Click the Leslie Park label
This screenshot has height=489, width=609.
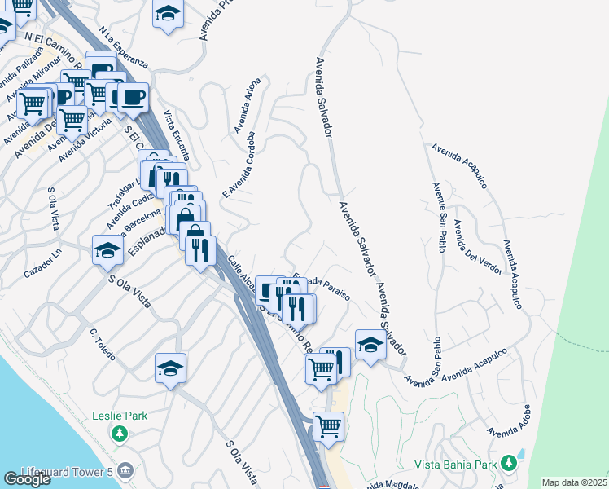click(x=120, y=416)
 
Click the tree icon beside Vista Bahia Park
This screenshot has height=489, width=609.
click(x=509, y=463)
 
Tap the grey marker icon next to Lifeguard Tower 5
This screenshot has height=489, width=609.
click(x=125, y=470)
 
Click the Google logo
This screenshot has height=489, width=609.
click(x=27, y=479)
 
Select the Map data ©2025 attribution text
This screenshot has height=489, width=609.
click(x=575, y=482)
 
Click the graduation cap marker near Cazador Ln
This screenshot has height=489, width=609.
click(x=107, y=249)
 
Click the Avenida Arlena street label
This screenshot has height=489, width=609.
click(x=248, y=105)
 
